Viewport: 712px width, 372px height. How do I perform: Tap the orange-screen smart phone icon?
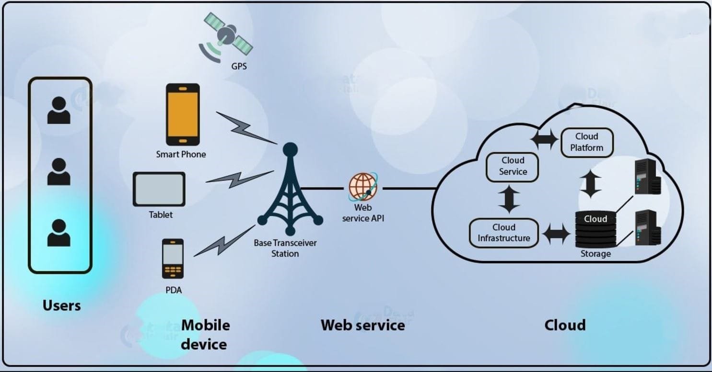(x=183, y=114)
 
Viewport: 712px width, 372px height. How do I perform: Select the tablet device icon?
(x=159, y=189)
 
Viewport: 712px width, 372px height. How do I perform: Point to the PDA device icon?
(x=173, y=259)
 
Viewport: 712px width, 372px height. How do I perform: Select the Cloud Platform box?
(x=587, y=142)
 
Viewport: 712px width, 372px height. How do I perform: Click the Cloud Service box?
(x=513, y=167)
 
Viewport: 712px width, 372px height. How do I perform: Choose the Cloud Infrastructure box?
(x=503, y=233)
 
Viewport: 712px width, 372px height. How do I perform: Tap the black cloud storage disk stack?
(x=595, y=230)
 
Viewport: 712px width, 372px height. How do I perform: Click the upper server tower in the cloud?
(x=647, y=176)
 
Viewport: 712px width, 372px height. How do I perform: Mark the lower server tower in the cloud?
(x=647, y=227)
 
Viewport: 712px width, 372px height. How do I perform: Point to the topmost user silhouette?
(x=59, y=111)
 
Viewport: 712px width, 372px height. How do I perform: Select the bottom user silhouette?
(x=59, y=233)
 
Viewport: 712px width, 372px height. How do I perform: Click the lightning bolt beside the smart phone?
(x=245, y=127)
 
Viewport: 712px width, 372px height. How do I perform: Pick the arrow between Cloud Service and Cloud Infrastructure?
(x=509, y=199)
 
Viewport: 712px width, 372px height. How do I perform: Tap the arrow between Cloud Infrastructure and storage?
(x=557, y=234)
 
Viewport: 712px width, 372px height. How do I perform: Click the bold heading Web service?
(x=362, y=326)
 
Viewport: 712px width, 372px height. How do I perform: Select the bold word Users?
(x=62, y=305)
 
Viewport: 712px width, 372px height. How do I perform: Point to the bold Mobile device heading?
(x=205, y=335)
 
